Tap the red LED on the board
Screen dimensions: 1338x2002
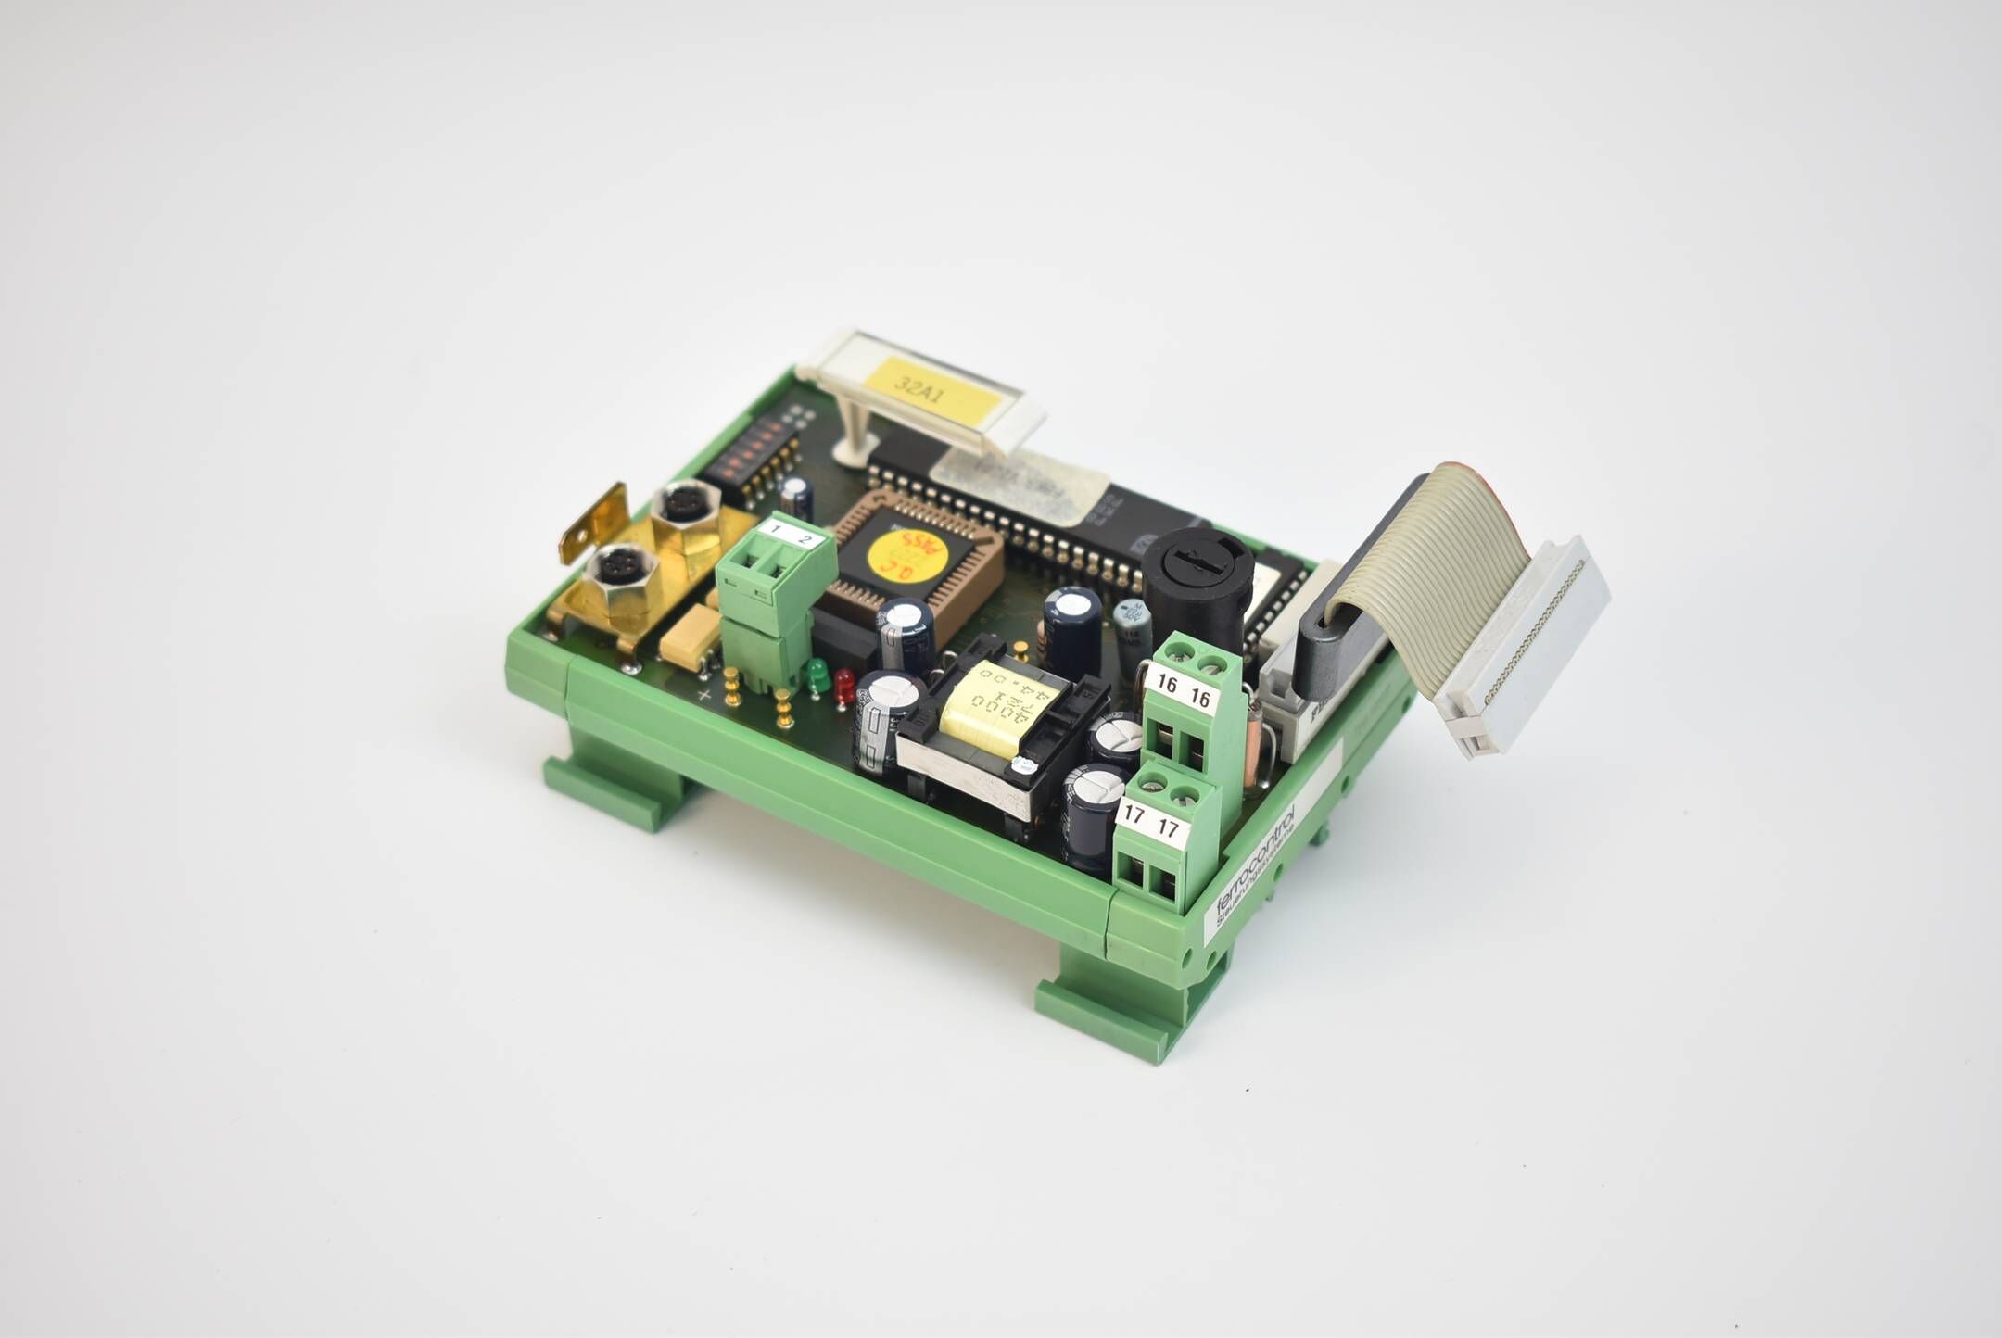[x=844, y=686]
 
